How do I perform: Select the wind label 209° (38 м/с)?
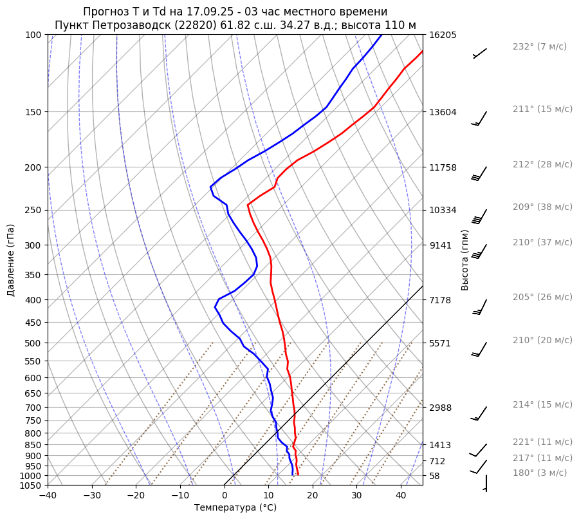pyautogui.click(x=542, y=207)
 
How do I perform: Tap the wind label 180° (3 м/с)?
pyautogui.click(x=540, y=473)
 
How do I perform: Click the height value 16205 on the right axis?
pyautogui.click(x=443, y=35)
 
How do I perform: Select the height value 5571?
pyautogui.click(x=440, y=343)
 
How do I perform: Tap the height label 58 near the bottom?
pyautogui.click(x=434, y=476)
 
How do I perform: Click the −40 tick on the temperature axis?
pyautogui.click(x=48, y=496)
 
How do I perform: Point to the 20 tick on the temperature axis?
pyautogui.click(x=313, y=496)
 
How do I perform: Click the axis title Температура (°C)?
pyautogui.click(x=235, y=508)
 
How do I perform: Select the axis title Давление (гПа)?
pyautogui.click(x=11, y=260)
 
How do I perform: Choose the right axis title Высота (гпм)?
pyautogui.click(x=465, y=259)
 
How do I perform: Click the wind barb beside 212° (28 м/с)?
pyautogui.click(x=479, y=173)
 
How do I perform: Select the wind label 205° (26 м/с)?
pyautogui.click(x=542, y=297)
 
